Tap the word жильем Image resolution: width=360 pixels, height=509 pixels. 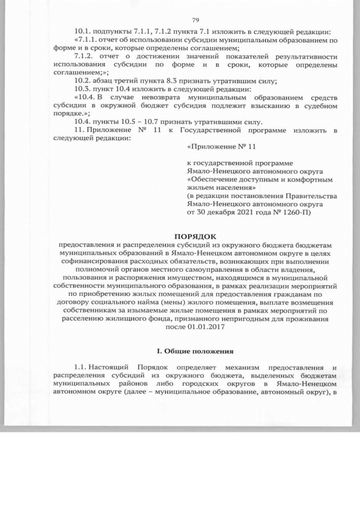coord(200,187)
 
